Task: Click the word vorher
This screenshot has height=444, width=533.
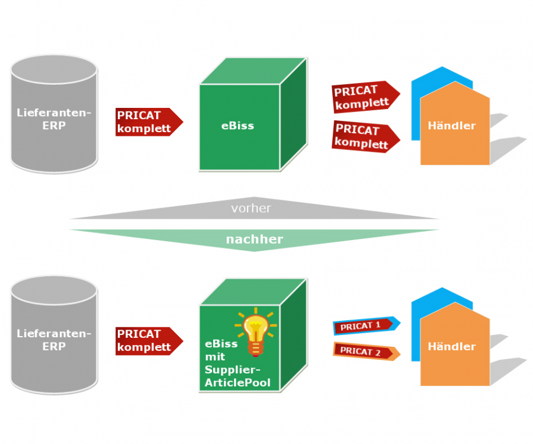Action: pos(251,209)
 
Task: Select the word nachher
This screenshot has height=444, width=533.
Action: pos(254,239)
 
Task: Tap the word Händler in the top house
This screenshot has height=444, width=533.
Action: pos(451,126)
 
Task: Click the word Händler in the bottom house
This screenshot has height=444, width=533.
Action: pos(451,346)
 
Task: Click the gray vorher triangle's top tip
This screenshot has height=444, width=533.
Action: pos(254,198)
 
